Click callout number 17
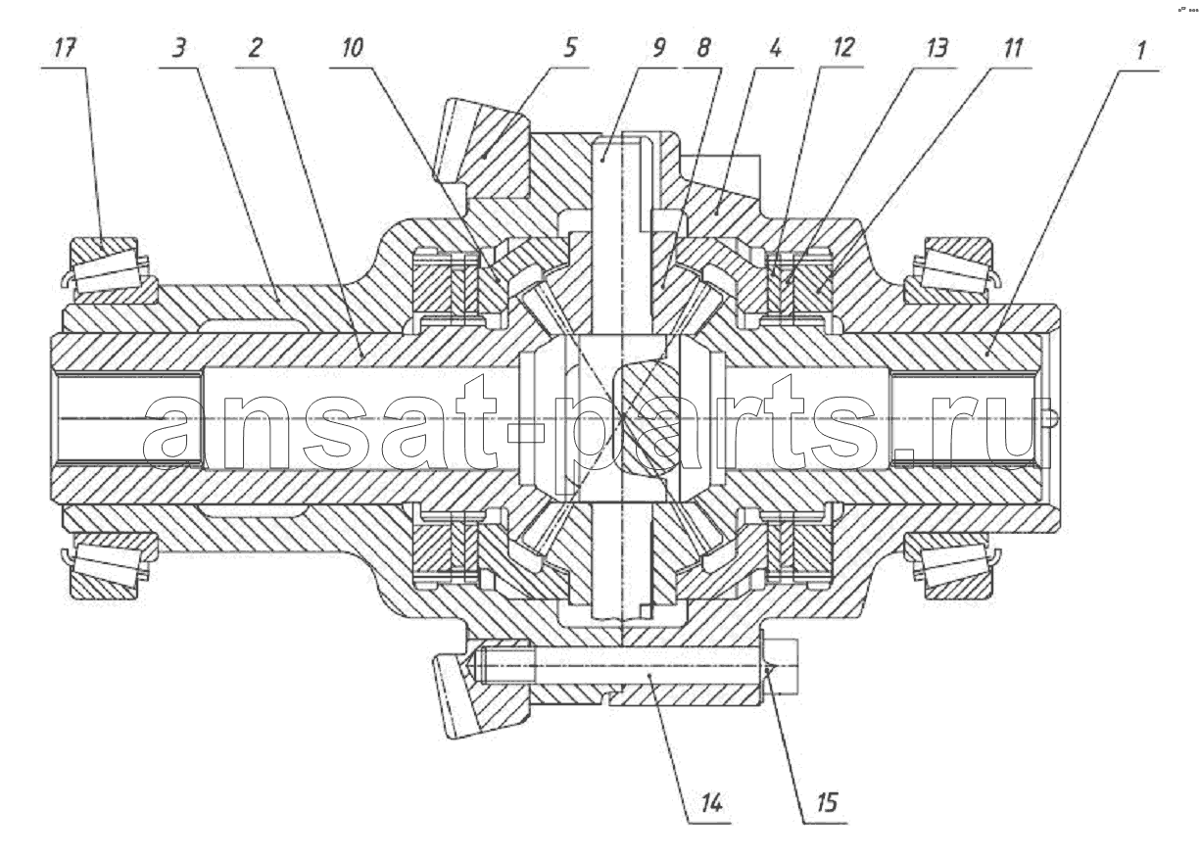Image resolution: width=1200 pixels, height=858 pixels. click(x=64, y=48)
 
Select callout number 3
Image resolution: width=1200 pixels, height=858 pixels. click(x=179, y=48)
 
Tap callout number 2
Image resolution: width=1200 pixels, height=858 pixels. click(x=255, y=48)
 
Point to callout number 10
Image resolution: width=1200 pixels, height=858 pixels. click(x=353, y=48)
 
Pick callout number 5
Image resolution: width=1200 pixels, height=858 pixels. click(x=570, y=48)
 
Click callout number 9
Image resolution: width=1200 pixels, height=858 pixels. click(x=658, y=48)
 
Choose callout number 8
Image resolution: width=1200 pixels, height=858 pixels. click(x=703, y=48)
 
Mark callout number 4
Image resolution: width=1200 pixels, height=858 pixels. click(x=775, y=48)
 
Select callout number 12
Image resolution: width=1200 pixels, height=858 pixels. click(x=843, y=48)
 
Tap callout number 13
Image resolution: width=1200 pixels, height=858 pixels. click(x=936, y=48)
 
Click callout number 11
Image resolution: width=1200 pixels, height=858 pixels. click(x=1013, y=48)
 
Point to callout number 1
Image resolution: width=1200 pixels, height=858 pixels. click(x=1141, y=50)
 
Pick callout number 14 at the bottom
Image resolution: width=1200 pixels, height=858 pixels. click(x=711, y=803)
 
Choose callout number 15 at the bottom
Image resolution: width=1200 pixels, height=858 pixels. click(x=827, y=802)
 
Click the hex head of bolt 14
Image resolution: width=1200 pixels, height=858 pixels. click(x=780, y=666)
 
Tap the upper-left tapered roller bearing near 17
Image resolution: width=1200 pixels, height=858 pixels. click(x=107, y=266)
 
